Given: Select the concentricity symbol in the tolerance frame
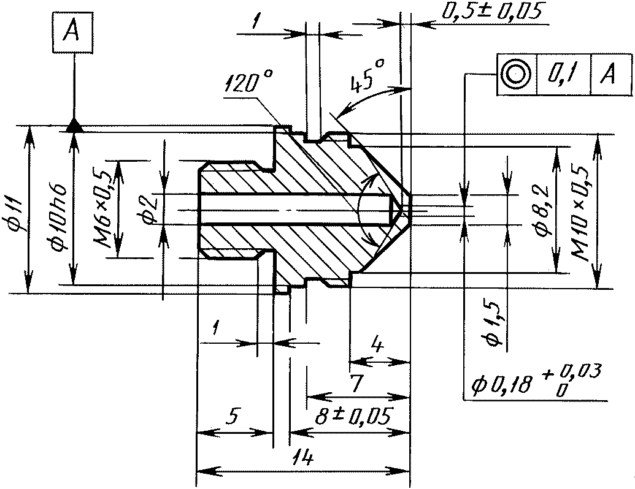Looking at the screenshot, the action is click(x=516, y=74).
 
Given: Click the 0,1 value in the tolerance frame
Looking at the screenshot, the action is click(x=564, y=75).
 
